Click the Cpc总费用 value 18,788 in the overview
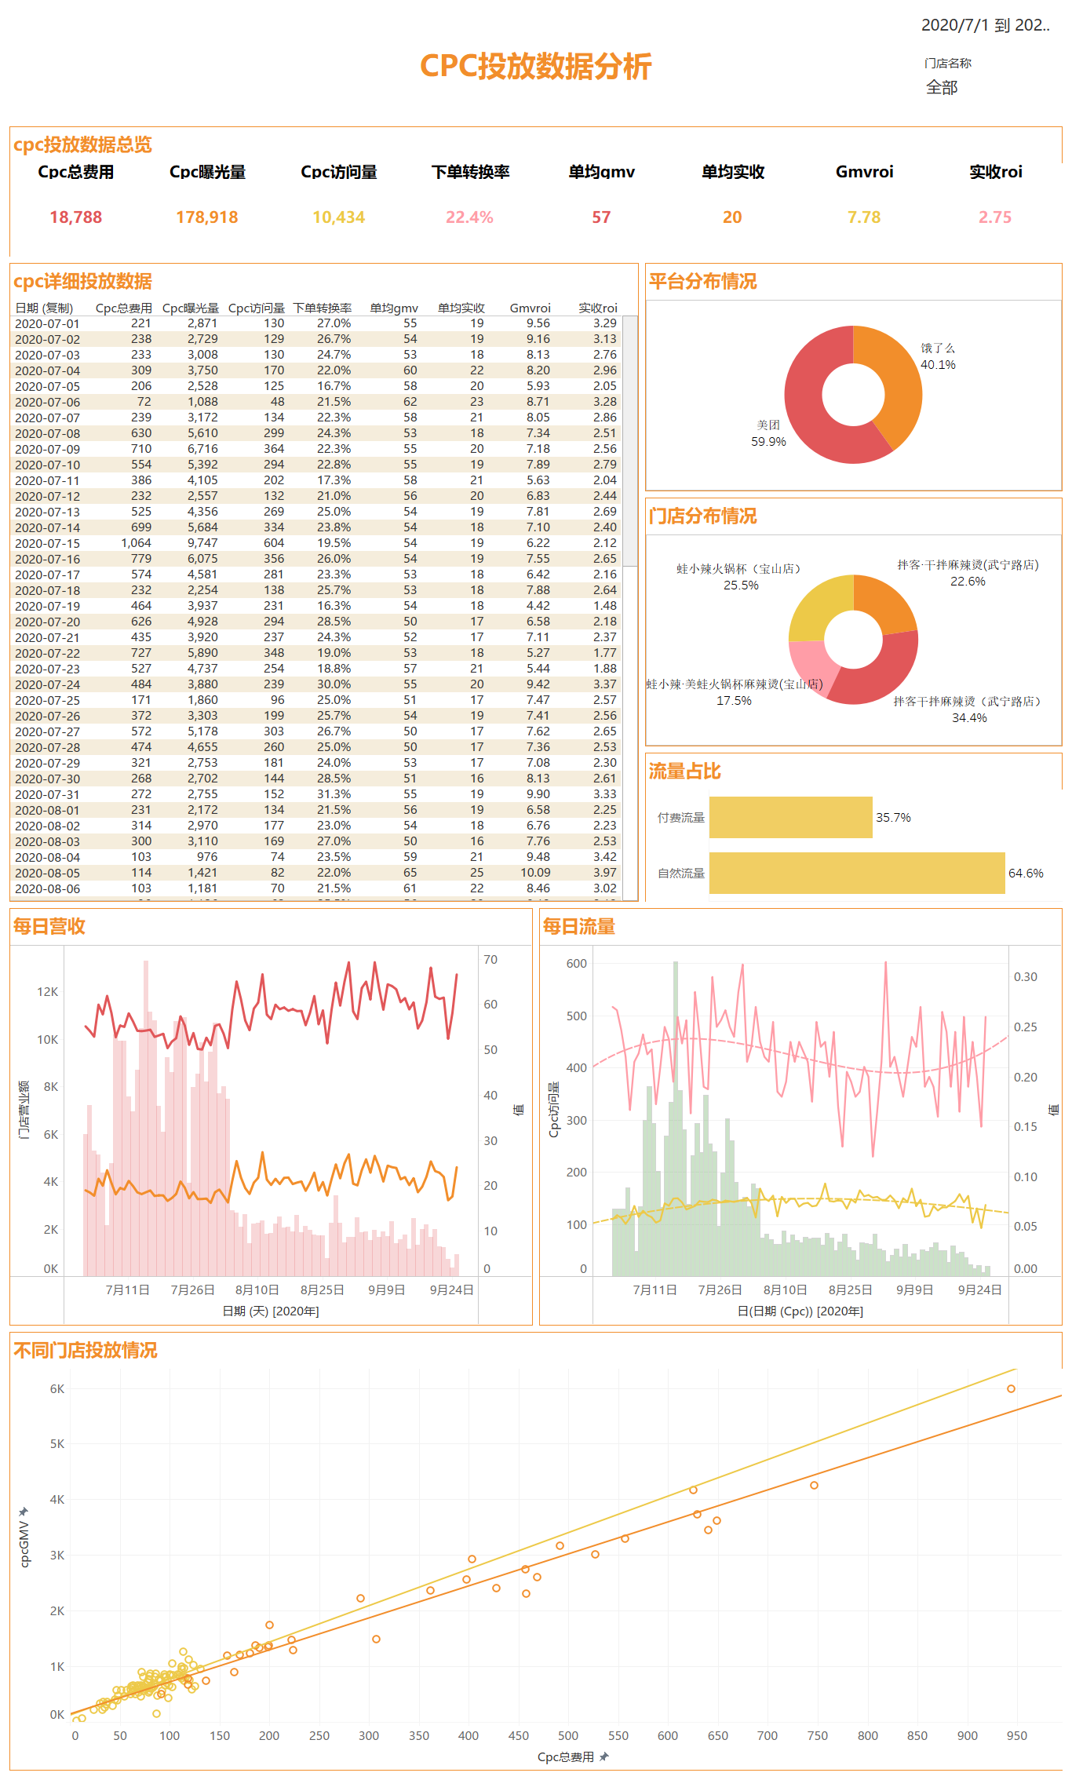76,217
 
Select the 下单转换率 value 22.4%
469,217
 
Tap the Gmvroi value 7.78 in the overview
864,217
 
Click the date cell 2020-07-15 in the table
47,543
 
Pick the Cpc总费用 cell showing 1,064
136,543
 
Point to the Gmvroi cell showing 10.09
535,873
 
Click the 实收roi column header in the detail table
598,308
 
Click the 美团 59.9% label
768,433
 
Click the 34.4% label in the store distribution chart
969,717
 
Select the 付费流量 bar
790,817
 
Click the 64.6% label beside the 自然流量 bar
1026,873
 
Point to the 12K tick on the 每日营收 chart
48,991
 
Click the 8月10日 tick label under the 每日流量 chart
785,1289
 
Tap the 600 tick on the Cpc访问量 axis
577,963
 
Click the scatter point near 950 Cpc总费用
1011,1388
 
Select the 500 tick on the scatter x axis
568,1735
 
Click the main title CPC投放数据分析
535,67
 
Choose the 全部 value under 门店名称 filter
942,87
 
